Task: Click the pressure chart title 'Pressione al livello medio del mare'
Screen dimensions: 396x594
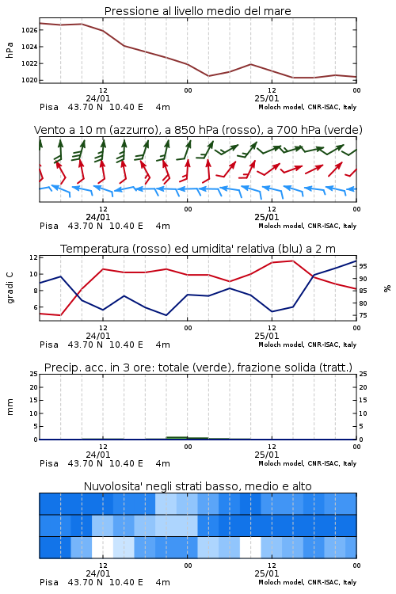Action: (x=197, y=11)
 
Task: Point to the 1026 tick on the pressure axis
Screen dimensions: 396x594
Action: (x=29, y=30)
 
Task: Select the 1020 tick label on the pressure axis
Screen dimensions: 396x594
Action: (x=29, y=80)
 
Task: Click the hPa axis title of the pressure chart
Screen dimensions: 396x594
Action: (x=10, y=50)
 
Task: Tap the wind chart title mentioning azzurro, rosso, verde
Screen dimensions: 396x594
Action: (x=198, y=130)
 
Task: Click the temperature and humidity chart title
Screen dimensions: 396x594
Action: (x=198, y=249)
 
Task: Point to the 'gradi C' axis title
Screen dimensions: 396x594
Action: (x=10, y=288)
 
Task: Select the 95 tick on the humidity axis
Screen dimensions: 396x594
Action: (x=363, y=266)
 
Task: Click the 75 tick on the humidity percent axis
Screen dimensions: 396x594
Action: (x=363, y=315)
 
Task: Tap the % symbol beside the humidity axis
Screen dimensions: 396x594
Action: (x=387, y=288)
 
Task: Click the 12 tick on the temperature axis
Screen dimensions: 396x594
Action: (x=33, y=257)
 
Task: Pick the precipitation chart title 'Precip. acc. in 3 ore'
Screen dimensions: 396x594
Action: (x=198, y=367)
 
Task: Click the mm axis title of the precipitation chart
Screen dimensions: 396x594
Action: (x=10, y=407)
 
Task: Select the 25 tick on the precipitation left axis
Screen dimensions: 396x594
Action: (x=33, y=374)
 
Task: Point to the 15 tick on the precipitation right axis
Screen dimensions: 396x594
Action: (x=363, y=400)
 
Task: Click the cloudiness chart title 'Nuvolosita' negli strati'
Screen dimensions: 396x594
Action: (x=197, y=486)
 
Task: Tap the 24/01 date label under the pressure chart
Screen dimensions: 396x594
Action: (x=97, y=98)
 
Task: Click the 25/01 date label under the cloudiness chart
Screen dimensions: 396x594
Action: (x=266, y=573)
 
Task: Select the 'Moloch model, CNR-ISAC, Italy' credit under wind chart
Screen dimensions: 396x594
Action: (x=307, y=226)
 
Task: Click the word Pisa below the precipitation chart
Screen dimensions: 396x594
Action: (x=49, y=463)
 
